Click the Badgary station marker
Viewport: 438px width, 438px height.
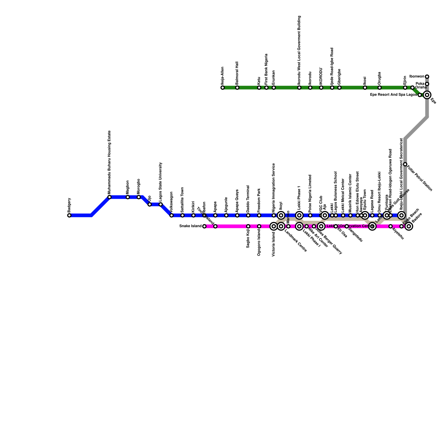tap(69, 215)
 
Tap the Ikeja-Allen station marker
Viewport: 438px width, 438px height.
tap(223, 88)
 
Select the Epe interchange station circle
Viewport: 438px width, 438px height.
tap(427, 95)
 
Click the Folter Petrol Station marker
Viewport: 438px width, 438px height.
tap(405, 164)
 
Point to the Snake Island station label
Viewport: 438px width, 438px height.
tap(191, 226)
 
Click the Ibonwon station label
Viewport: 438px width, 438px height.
tap(417, 76)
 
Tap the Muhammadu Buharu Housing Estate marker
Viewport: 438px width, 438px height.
tap(109, 197)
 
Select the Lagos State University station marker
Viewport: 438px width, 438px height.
tap(161, 204)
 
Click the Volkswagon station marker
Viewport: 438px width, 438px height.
tap(172, 215)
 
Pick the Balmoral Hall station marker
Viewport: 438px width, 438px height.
tap(237, 88)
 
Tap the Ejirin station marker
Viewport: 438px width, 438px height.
tap(405, 88)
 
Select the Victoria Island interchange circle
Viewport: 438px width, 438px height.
tap(274, 226)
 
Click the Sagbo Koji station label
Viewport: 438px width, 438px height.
tap(248, 239)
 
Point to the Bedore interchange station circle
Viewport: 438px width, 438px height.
tap(409, 226)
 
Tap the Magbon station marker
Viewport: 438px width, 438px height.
tap(128, 197)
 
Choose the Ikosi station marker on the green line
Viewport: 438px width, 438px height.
tap(365, 88)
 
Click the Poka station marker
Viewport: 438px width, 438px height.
tap(427, 84)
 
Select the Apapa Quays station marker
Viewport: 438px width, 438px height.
tap(237, 215)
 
